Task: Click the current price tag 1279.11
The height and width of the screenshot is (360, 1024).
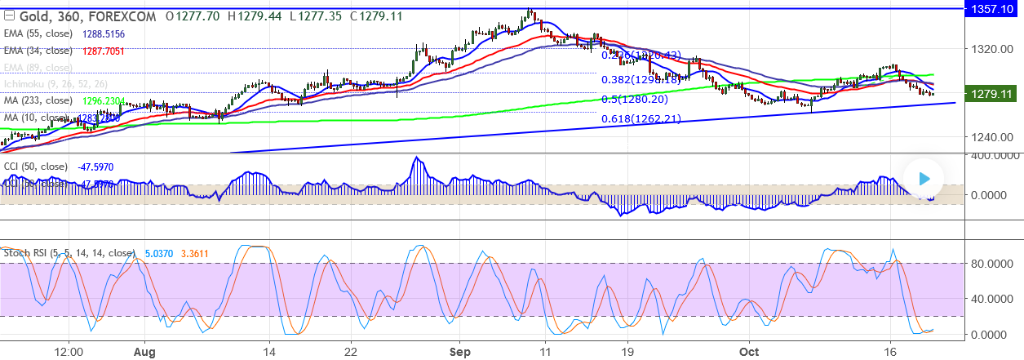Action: (x=991, y=95)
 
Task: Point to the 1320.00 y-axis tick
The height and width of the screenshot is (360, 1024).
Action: (x=991, y=48)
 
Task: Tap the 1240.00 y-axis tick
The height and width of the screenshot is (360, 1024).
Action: (x=991, y=136)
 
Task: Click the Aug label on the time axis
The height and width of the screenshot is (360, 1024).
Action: (x=144, y=351)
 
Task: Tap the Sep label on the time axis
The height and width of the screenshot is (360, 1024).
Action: (x=459, y=351)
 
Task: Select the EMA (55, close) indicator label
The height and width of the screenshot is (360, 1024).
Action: (x=42, y=33)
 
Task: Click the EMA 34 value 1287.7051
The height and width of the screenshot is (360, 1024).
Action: (x=104, y=50)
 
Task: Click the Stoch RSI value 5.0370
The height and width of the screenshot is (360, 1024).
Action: (x=158, y=253)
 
